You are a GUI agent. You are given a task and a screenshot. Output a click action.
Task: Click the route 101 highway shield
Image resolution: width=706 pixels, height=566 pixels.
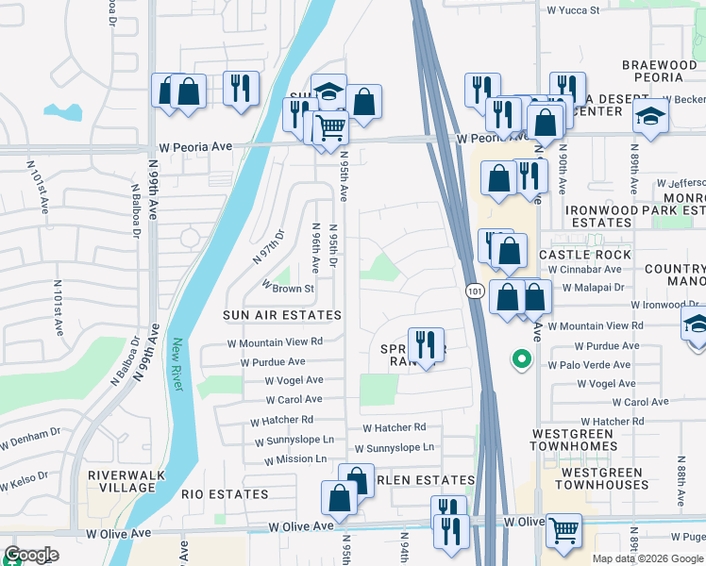(474, 294)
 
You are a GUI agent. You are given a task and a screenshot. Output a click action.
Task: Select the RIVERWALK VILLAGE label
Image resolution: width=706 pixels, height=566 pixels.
(121, 481)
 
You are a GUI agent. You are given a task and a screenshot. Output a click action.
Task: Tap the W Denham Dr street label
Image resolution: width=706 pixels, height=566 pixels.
(30, 441)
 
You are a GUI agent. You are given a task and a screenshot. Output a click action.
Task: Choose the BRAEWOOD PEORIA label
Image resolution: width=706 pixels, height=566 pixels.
(659, 71)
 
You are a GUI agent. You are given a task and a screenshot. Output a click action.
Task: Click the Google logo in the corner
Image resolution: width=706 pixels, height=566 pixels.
(31, 555)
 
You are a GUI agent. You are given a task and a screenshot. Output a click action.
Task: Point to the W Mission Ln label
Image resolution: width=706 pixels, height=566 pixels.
(295, 460)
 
